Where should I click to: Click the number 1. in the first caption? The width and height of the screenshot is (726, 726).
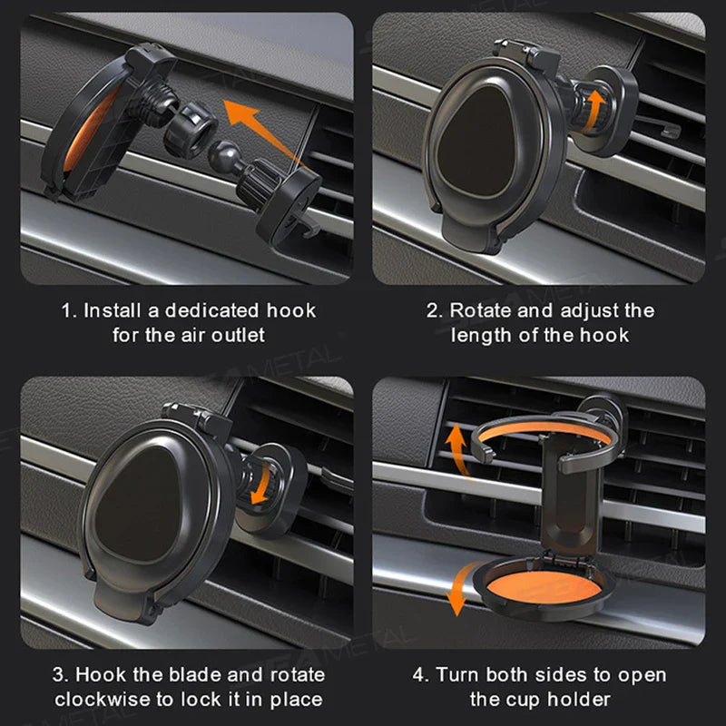point(69,310)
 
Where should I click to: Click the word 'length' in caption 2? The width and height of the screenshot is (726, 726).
point(473,335)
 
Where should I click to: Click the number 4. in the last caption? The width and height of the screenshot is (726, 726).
point(421,675)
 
